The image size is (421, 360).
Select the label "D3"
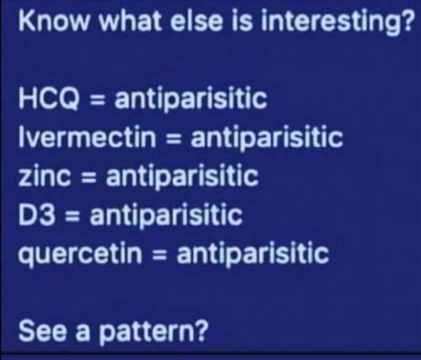coord(36,214)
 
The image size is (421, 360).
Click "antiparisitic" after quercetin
coord(253,252)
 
